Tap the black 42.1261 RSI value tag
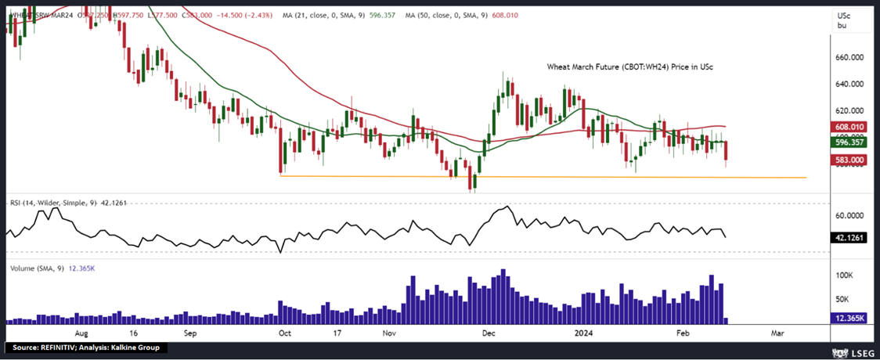[x=848, y=236]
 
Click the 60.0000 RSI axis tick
[x=849, y=215]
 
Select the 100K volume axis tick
[x=843, y=276]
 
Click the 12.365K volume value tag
[x=848, y=319]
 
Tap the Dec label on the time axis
[x=488, y=333]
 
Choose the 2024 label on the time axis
[x=585, y=333]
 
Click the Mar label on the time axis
[x=777, y=333]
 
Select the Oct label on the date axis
[x=285, y=333]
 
